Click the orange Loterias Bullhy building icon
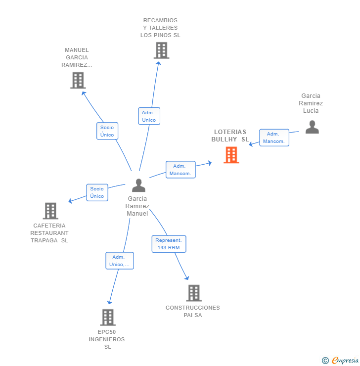231,155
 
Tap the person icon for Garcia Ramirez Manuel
138,185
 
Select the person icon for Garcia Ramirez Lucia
312,127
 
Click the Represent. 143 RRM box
169,244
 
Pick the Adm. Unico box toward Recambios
149,116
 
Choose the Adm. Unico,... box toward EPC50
120,261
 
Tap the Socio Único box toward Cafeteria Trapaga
97,192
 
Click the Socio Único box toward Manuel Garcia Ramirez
107,131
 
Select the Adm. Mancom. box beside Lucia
274,137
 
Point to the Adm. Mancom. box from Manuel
180,170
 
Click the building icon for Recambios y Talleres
161,50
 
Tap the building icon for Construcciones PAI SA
194,293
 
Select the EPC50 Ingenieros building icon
108,317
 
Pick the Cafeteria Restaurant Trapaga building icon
50,211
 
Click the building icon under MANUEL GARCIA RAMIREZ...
78,80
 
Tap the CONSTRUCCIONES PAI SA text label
193,312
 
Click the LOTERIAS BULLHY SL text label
230,136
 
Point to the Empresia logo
340,361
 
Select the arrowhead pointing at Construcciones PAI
187,278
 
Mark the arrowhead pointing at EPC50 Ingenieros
109,302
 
